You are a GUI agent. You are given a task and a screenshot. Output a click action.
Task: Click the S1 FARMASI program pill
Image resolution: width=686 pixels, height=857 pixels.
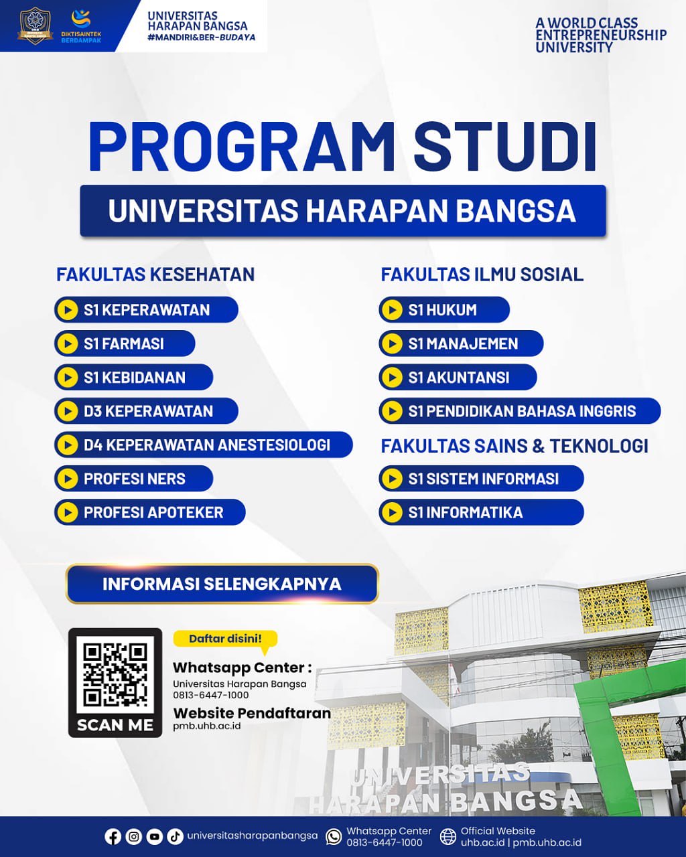click(125, 343)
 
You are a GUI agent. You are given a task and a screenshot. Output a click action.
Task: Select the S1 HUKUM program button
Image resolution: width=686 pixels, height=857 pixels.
click(444, 309)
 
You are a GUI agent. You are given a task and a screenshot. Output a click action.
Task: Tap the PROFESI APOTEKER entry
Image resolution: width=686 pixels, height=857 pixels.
click(150, 512)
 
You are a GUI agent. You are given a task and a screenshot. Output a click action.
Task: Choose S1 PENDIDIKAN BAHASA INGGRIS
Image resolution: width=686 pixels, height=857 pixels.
click(520, 410)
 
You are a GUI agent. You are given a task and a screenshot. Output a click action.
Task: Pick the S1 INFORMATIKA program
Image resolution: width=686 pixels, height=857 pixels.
click(481, 512)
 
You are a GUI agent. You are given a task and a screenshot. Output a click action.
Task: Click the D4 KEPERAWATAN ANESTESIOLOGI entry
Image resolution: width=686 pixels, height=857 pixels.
click(203, 445)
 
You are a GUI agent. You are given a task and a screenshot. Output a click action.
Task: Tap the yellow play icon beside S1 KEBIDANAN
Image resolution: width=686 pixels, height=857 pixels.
click(68, 377)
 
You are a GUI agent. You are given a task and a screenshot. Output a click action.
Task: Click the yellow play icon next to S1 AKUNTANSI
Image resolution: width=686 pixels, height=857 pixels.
click(392, 377)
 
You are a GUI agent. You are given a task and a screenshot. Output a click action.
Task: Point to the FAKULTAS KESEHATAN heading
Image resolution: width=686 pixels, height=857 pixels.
click(155, 275)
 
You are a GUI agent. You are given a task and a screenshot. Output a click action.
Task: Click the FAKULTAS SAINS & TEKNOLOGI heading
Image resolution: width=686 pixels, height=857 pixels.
click(514, 446)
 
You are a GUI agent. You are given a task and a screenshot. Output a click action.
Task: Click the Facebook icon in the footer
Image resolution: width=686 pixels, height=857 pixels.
click(113, 837)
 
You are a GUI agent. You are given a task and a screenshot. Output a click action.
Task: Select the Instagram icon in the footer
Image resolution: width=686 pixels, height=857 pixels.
click(133, 837)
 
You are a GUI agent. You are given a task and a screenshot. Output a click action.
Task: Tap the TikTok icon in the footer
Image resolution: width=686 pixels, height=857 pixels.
click(175, 837)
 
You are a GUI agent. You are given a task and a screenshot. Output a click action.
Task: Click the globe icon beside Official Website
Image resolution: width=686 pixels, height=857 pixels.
click(448, 837)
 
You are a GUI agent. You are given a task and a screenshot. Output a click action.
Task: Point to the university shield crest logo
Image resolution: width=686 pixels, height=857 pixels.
click(35, 25)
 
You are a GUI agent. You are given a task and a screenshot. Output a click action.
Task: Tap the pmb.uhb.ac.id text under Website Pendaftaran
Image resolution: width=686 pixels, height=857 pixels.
click(207, 726)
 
